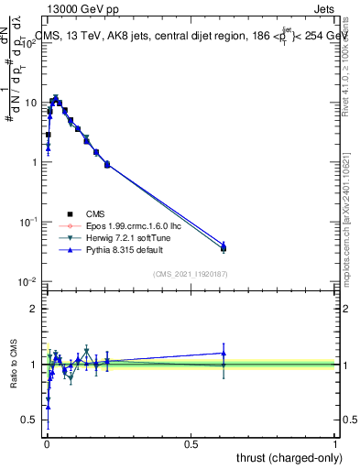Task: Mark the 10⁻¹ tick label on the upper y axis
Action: (x=28, y=222)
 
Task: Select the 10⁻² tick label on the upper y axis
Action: (x=28, y=281)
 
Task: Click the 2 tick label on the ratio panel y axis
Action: (x=34, y=309)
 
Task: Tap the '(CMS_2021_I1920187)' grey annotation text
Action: (x=191, y=273)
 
